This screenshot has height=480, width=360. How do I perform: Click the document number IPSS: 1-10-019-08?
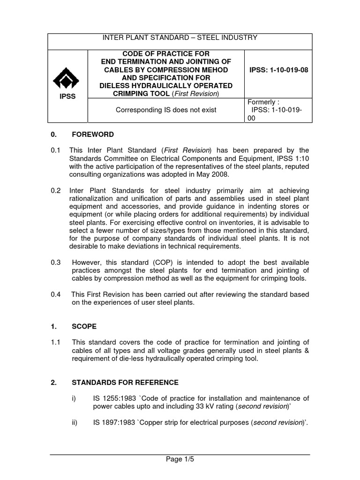click(x=278, y=70)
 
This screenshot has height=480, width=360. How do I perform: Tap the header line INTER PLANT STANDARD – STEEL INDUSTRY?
click(x=180, y=38)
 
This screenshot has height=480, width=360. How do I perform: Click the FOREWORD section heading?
click(x=92, y=135)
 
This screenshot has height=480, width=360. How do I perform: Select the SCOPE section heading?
click(x=84, y=326)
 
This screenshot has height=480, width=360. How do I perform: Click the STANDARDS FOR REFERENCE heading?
click(x=125, y=382)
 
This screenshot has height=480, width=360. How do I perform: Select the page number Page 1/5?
click(x=180, y=459)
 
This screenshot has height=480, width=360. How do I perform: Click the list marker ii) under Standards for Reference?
click(x=74, y=422)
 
